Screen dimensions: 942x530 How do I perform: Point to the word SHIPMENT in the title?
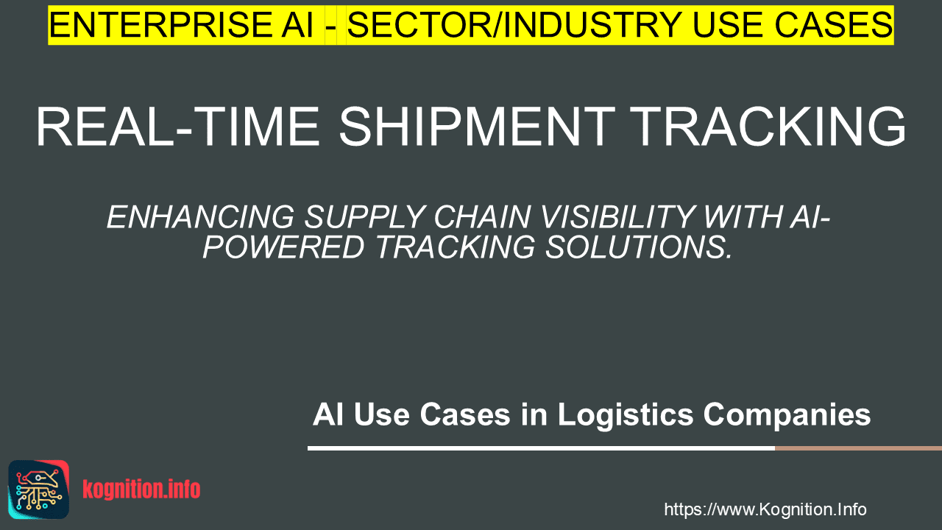[x=478, y=127]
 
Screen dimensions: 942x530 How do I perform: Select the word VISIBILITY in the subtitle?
[x=617, y=217]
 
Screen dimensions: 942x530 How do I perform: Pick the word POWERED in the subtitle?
[x=283, y=247]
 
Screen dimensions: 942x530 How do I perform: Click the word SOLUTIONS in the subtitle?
[x=639, y=247]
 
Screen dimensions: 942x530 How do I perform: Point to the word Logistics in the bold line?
[x=626, y=414]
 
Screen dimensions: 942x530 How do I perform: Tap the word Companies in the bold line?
[x=787, y=416]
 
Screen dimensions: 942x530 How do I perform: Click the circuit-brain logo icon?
[x=39, y=490]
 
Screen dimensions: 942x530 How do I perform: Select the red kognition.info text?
[x=141, y=490]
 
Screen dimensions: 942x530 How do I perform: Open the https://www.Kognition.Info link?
[x=765, y=509]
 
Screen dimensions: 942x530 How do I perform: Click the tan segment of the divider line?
[x=858, y=448]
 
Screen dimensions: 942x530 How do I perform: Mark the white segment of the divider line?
[x=541, y=448]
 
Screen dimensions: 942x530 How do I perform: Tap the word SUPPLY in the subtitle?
[x=364, y=217]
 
